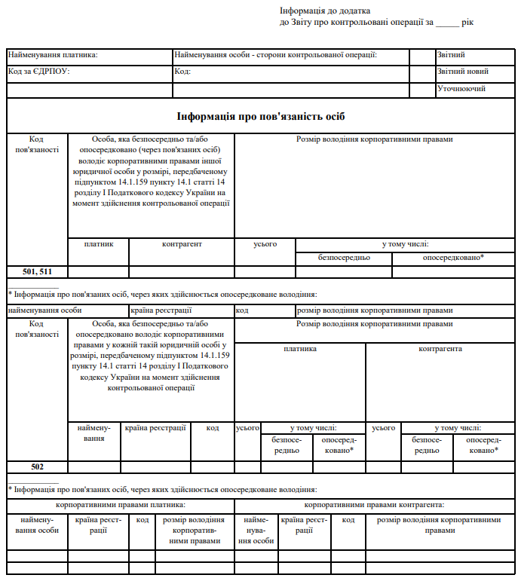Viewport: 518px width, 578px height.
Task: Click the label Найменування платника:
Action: [x=54, y=55]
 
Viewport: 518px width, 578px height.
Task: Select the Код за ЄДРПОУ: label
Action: [x=38, y=72]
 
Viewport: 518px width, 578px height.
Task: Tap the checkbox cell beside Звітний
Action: [x=421, y=56]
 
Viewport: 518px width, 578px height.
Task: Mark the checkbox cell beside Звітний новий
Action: [x=421, y=72]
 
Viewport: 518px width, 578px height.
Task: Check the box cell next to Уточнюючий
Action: [x=421, y=89]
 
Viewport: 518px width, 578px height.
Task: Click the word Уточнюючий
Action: [x=461, y=89]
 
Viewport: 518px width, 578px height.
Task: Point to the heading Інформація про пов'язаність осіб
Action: [x=261, y=117]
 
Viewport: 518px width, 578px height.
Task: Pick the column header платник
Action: [x=99, y=244]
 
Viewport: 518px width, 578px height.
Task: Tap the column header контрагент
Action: [x=182, y=244]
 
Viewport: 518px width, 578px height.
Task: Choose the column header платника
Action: [x=300, y=349]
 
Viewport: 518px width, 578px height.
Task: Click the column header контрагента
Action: [x=440, y=349]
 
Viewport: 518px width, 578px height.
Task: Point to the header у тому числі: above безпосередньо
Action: [x=405, y=244]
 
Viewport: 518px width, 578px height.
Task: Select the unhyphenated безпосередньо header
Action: [x=344, y=258]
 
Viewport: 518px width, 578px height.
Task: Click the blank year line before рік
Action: [x=447, y=23]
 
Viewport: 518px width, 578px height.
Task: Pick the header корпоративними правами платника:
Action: [x=121, y=504]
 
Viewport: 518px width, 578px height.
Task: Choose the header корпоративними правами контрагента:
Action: [x=374, y=504]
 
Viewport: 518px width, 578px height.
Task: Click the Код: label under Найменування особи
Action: [x=182, y=72]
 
